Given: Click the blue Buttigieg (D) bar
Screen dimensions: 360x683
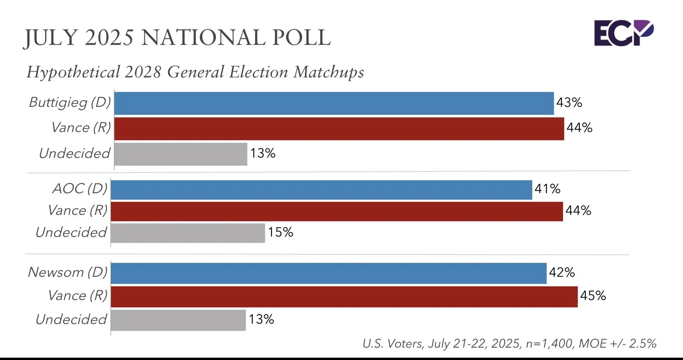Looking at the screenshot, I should (334, 104).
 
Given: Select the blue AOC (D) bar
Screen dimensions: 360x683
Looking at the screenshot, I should (321, 190).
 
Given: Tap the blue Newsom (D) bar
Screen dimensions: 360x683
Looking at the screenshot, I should (328, 273).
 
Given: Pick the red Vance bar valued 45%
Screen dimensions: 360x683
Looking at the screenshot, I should (344, 297).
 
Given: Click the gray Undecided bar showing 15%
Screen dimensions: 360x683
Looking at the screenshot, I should (188, 233).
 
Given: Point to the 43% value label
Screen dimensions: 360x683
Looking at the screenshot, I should (569, 102).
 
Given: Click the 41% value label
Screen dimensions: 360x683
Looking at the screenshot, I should (547, 189).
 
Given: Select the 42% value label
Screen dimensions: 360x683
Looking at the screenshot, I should (562, 272).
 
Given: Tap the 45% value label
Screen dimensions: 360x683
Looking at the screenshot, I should (593, 296).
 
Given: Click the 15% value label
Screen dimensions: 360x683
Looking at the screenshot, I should (280, 232).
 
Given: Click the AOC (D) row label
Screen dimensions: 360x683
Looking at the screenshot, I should (80, 189).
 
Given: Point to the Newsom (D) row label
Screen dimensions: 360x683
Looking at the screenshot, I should (68, 272).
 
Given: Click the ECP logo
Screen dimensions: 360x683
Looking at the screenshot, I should (623, 33).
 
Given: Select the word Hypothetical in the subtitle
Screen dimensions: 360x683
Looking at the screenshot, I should (73, 72).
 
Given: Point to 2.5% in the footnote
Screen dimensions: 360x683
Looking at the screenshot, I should (643, 344).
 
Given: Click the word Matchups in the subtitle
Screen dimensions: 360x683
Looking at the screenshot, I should (329, 72).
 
